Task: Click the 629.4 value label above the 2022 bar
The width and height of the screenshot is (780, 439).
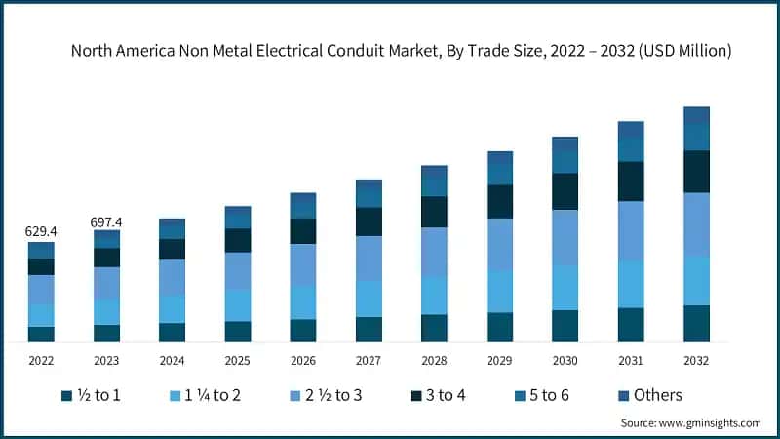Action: click(x=41, y=232)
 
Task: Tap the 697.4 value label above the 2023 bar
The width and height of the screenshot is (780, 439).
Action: click(x=106, y=222)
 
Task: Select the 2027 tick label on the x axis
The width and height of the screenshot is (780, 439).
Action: click(x=369, y=360)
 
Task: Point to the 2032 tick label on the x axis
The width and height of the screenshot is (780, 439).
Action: click(x=696, y=360)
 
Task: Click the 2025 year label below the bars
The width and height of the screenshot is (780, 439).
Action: click(x=238, y=360)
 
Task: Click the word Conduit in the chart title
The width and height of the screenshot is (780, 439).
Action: click(x=352, y=50)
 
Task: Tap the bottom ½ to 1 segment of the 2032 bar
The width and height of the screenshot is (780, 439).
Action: click(x=696, y=323)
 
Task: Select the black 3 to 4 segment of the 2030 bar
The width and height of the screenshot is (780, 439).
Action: click(x=565, y=191)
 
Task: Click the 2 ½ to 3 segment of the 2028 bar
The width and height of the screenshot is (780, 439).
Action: click(x=434, y=252)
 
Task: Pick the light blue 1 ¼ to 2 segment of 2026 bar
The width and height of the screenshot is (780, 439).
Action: click(x=303, y=302)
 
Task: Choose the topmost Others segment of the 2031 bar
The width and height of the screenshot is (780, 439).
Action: click(x=631, y=130)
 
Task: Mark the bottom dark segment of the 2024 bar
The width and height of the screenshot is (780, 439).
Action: click(x=173, y=332)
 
